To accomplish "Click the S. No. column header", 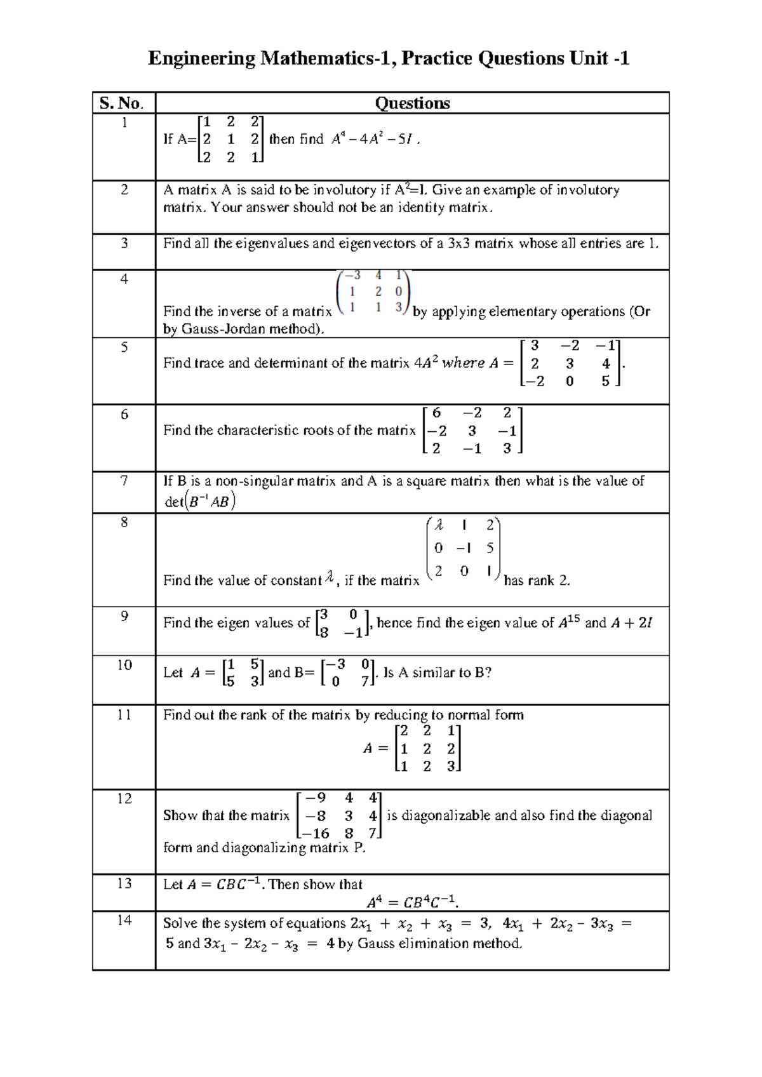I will click(x=123, y=103).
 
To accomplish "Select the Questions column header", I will click(x=412, y=103).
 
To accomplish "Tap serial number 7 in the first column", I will click(x=124, y=481).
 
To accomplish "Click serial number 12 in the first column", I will click(x=124, y=799).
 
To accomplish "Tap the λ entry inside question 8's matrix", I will click(x=438, y=525).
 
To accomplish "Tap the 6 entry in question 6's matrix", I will click(x=436, y=413).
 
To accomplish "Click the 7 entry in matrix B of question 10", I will click(x=365, y=681).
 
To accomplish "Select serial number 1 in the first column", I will click(x=124, y=123).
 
